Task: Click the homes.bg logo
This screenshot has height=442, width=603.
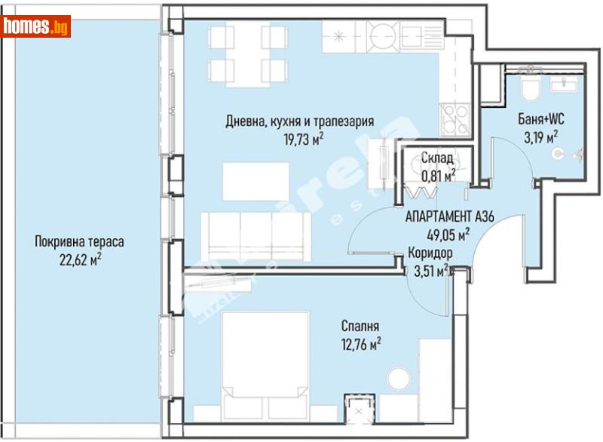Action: [36, 27]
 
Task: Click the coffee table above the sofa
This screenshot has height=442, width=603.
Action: [256, 180]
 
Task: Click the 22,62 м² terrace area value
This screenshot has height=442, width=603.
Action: [79, 259]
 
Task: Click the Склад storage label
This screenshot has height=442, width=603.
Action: [436, 158]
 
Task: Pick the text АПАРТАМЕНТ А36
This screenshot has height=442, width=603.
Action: [448, 216]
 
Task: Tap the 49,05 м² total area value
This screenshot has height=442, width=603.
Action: [448, 233]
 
